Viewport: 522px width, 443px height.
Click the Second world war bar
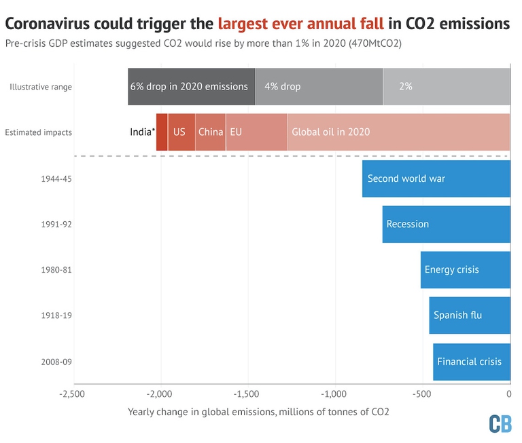[x=436, y=178]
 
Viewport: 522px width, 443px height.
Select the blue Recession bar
[x=446, y=224]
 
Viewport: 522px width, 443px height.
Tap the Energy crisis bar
[x=465, y=269]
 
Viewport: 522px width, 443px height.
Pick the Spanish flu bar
[x=469, y=315]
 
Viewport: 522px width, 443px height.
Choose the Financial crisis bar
[x=471, y=361]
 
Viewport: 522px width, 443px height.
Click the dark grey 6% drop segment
[x=191, y=87]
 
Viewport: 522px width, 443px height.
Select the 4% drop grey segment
[x=319, y=87]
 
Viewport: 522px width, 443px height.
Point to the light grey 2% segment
[x=446, y=87]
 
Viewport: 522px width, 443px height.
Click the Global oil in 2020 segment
[x=398, y=132]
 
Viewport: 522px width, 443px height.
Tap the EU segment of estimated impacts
[x=256, y=132]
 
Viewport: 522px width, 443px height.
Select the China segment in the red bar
[x=211, y=132]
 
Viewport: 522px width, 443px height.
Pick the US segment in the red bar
[x=181, y=132]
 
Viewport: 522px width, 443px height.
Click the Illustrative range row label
[x=41, y=87]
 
